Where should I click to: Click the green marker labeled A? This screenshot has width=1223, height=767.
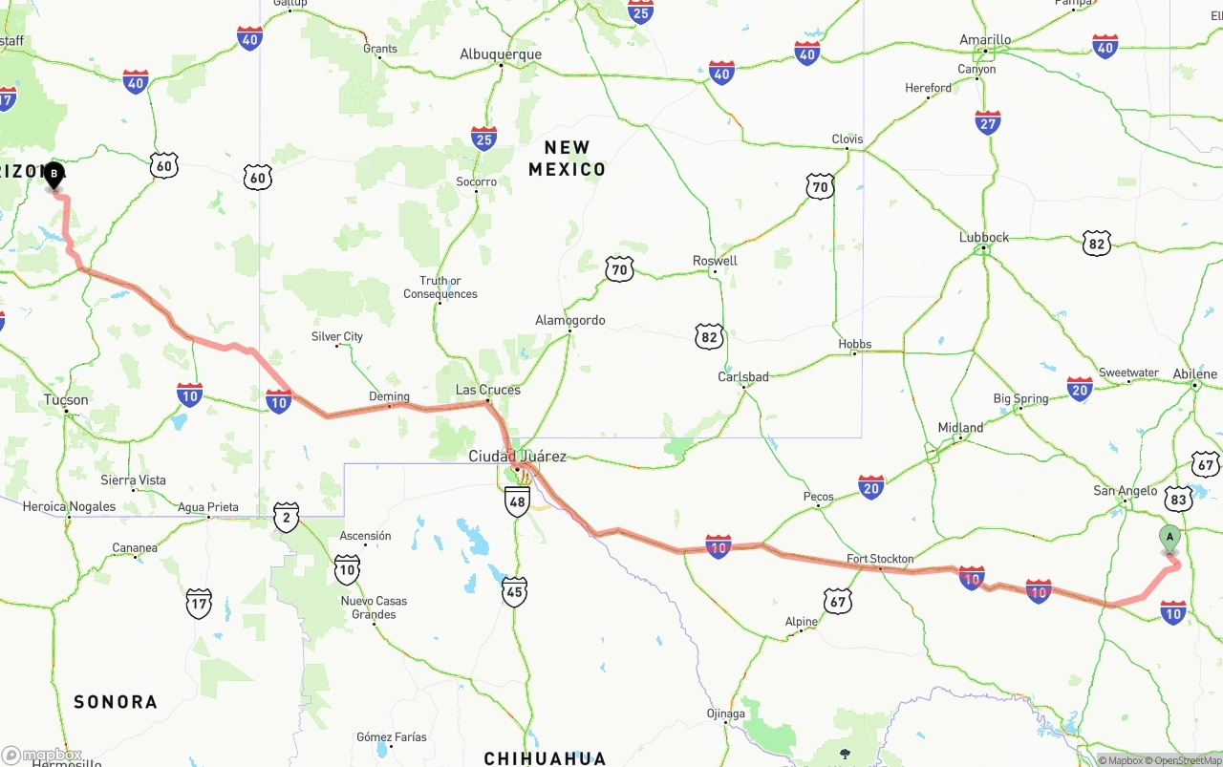(x=1169, y=538)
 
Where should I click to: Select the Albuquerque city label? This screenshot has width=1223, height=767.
(x=501, y=54)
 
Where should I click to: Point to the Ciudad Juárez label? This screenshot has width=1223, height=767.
(x=517, y=457)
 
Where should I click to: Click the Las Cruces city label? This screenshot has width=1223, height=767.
(x=488, y=390)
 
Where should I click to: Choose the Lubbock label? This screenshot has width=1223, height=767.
(x=984, y=238)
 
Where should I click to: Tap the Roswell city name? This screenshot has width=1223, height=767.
(x=715, y=261)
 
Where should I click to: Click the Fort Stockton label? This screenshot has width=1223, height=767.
(x=880, y=559)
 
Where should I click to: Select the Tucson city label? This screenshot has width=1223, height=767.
(x=66, y=400)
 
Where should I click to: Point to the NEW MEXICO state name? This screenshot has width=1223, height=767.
(x=568, y=159)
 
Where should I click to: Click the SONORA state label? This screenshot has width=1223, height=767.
(x=116, y=702)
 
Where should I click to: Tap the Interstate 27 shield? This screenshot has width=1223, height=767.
(x=988, y=122)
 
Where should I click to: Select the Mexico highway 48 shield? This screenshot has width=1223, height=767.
(x=517, y=501)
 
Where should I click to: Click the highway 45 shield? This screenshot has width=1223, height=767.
(x=514, y=592)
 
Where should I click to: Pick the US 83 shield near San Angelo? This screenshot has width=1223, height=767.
(x=1178, y=499)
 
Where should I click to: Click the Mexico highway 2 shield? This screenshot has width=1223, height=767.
(x=286, y=517)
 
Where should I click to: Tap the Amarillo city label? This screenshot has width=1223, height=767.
(x=985, y=40)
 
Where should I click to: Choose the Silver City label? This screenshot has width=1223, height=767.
(x=337, y=336)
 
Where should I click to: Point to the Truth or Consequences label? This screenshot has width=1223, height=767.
(x=440, y=288)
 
